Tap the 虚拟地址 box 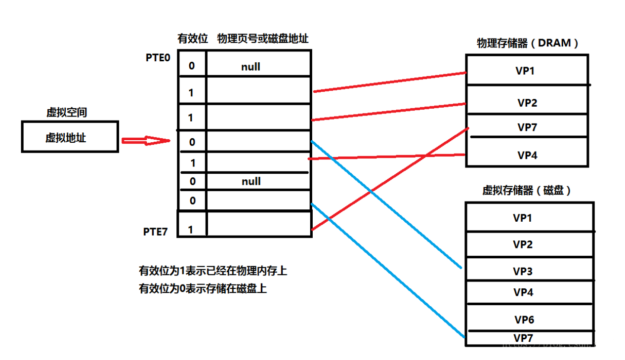pyautogui.click(x=70, y=137)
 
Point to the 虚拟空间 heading pyautogui.click(x=66, y=113)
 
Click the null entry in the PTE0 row pyautogui.click(x=250, y=67)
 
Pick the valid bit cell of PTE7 pyautogui.click(x=192, y=230)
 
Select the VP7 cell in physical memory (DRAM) pyautogui.click(x=527, y=127)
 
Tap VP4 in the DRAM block pyautogui.click(x=527, y=155)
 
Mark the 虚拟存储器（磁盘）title pyautogui.click(x=527, y=190)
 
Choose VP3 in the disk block pyautogui.click(x=523, y=271)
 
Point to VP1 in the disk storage pyautogui.click(x=523, y=217)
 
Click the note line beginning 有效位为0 pyautogui.click(x=203, y=289)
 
